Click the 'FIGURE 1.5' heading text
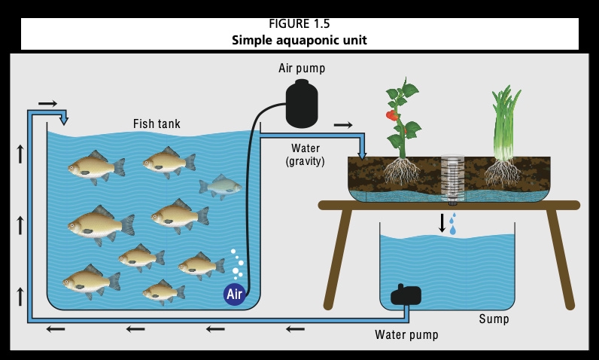point(299,24)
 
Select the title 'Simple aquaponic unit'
point(299,40)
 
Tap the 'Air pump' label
point(302,69)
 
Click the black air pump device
point(303,104)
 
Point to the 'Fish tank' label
point(157,124)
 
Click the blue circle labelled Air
point(235,294)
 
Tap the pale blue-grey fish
point(220,185)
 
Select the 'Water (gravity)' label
point(305,154)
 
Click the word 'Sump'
point(494,319)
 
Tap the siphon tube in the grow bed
point(452,179)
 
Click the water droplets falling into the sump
point(453,224)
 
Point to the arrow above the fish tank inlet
point(47,102)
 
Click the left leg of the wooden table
point(337,256)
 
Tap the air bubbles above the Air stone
point(237,264)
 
